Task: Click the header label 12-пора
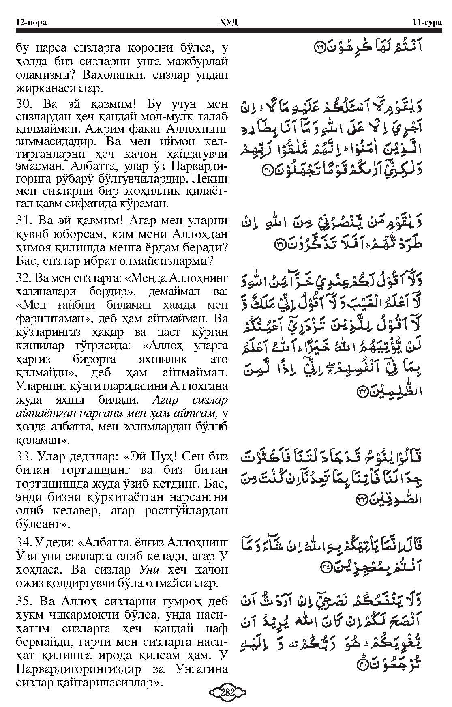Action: pyautogui.click(x=31, y=22)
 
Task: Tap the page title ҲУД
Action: pyautogui.click(x=227, y=22)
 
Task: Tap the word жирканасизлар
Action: pyautogui.click(x=60, y=88)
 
